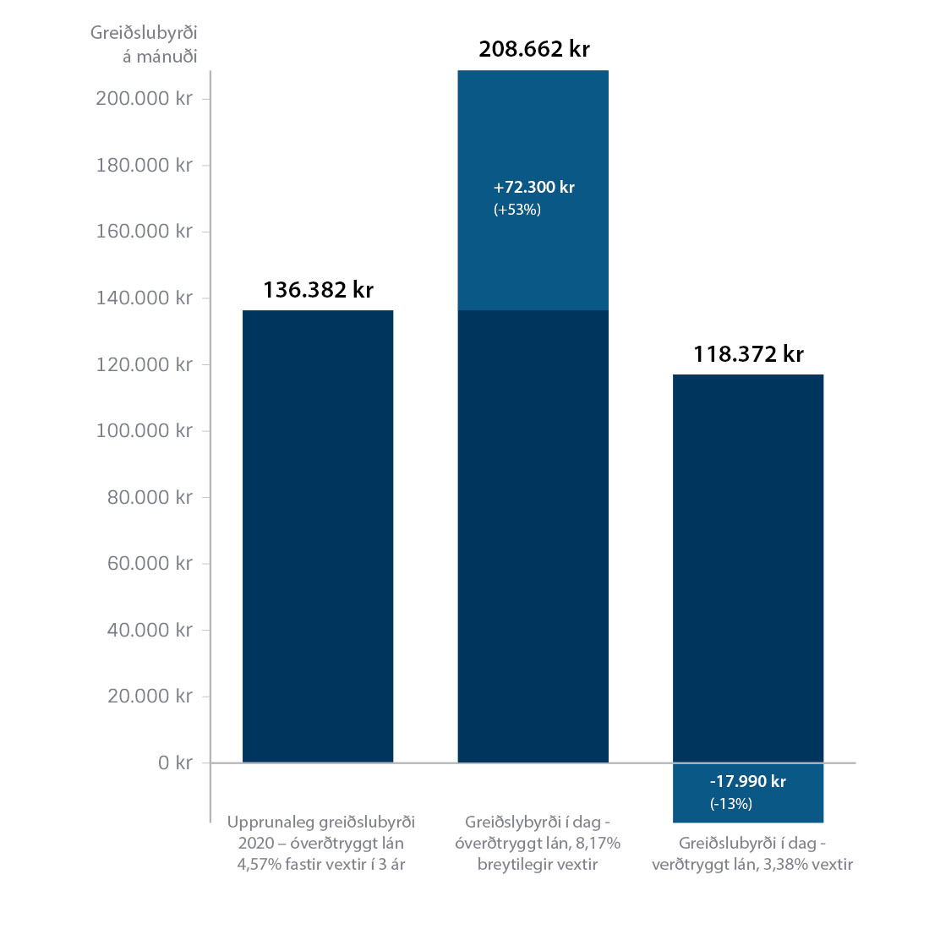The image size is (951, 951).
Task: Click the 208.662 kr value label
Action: click(x=533, y=49)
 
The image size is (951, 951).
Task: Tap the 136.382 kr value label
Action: click(x=318, y=290)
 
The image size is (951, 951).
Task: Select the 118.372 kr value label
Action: click(x=748, y=354)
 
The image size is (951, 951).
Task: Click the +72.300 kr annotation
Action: click(x=533, y=188)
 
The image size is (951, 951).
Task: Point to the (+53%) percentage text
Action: click(x=516, y=210)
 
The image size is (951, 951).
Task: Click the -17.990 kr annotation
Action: click(x=747, y=782)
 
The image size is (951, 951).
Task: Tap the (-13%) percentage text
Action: click(x=730, y=804)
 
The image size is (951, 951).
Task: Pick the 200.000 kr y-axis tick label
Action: click(x=144, y=99)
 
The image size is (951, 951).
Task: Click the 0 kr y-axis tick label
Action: click(x=175, y=763)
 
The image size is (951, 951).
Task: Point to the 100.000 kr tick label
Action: click(x=144, y=431)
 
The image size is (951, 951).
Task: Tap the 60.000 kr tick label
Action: click(x=150, y=564)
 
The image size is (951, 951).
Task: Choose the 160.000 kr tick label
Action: click(x=144, y=232)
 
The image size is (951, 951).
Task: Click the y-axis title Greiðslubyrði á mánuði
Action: click(x=144, y=45)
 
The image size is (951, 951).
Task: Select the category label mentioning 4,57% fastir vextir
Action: click(x=321, y=843)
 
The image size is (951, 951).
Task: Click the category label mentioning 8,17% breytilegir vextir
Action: click(x=538, y=843)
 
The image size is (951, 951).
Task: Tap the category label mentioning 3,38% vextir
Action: click(x=752, y=854)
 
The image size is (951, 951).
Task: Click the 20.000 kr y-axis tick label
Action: click(x=150, y=697)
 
